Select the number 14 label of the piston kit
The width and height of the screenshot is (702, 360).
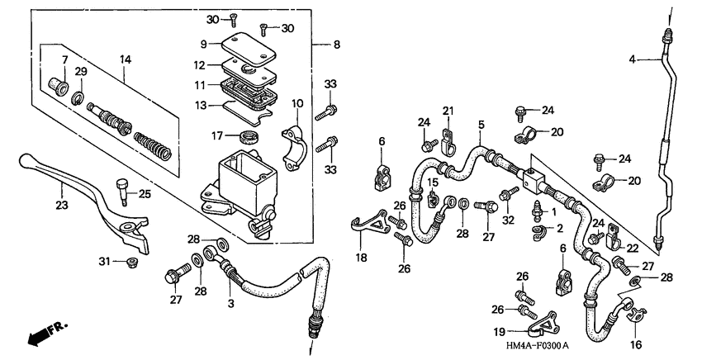tap(125, 59)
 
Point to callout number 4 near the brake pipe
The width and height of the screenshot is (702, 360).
tap(632, 59)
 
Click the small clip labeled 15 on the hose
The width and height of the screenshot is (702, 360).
tap(432, 199)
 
